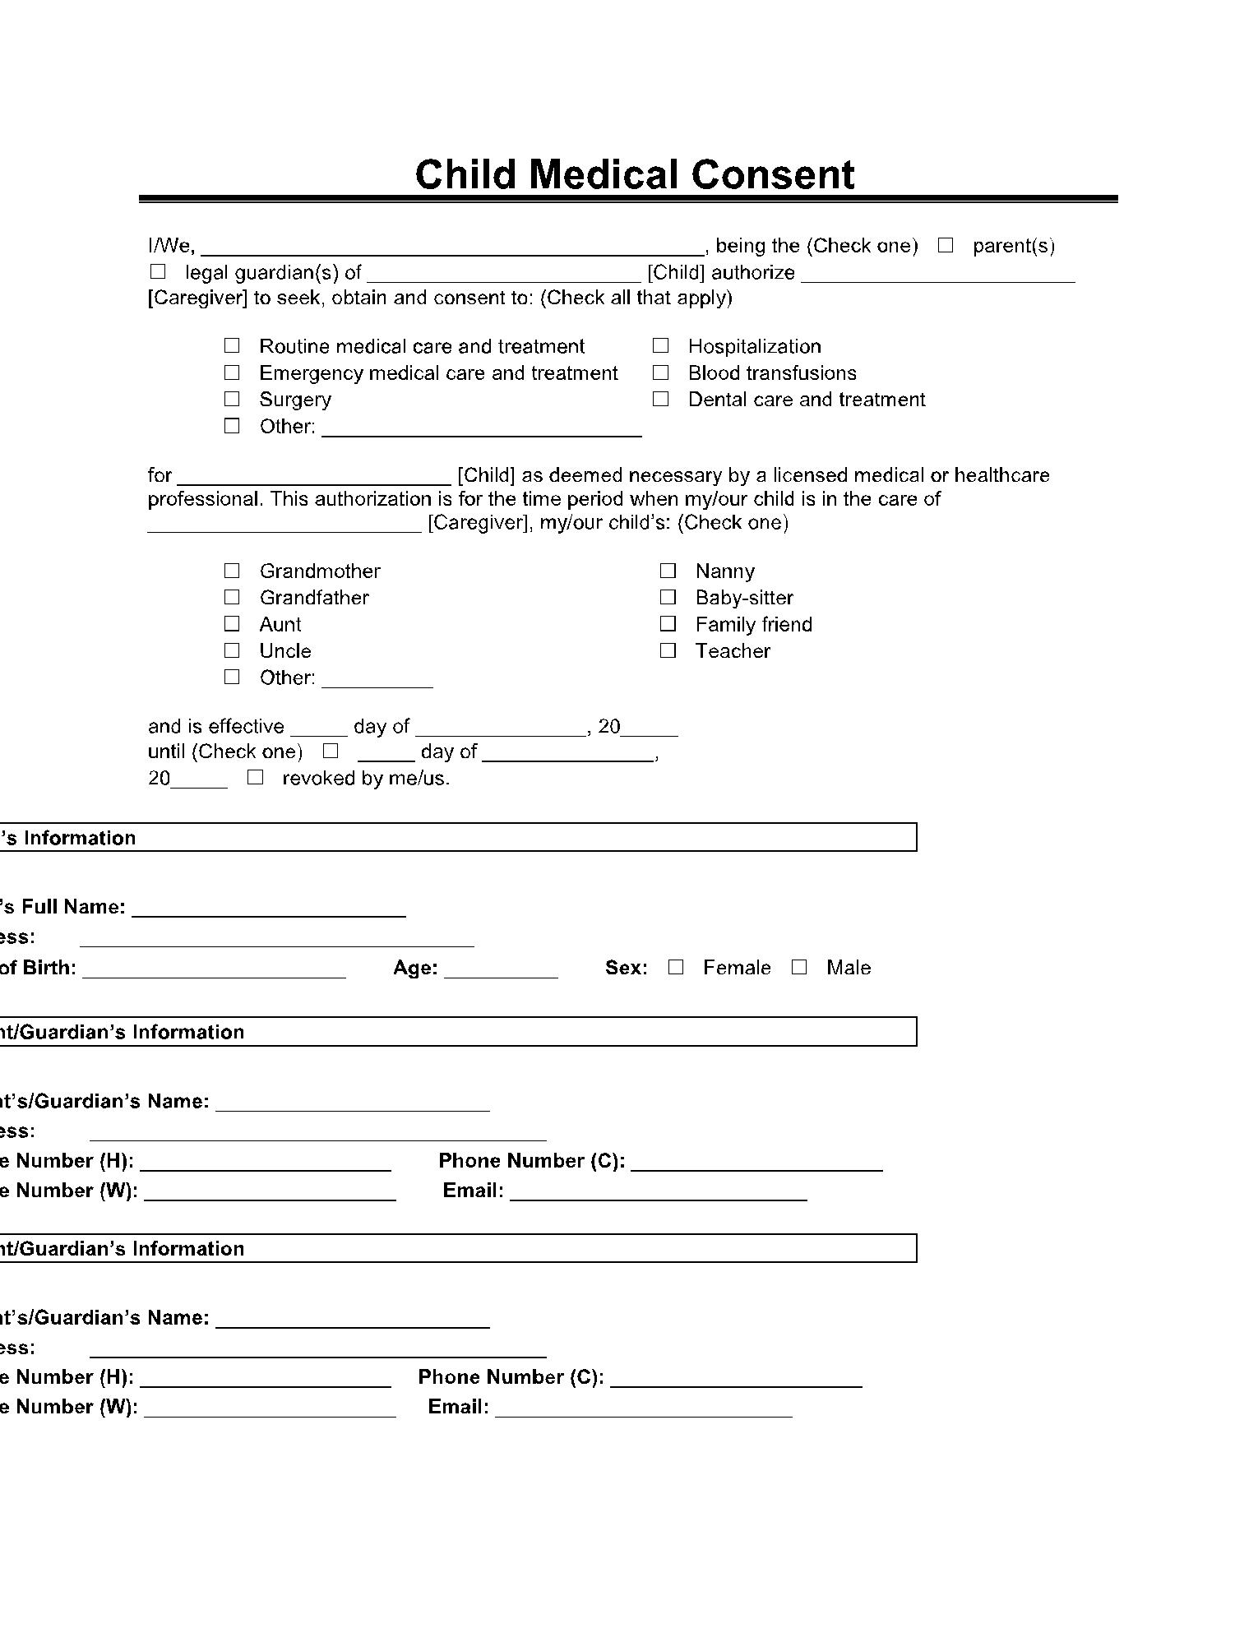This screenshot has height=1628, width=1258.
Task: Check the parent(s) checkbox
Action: [946, 245]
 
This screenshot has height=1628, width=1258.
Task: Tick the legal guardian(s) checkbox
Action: [158, 271]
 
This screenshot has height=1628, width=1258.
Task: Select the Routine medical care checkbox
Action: [232, 346]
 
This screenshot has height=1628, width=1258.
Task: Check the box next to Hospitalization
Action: [661, 346]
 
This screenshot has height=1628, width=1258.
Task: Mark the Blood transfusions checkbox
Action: [661, 372]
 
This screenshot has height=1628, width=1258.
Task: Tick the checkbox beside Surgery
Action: [232, 399]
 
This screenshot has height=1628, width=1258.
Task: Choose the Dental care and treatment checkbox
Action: [661, 399]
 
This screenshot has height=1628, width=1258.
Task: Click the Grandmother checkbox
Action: [232, 571]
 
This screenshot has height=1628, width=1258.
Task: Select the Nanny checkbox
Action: [668, 571]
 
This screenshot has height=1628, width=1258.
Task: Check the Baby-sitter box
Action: [668, 597]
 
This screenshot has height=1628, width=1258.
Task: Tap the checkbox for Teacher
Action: [668, 650]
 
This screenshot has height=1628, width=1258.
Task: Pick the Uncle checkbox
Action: [232, 650]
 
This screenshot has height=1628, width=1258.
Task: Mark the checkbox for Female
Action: [676, 967]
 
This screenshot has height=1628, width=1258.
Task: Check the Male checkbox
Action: [799, 967]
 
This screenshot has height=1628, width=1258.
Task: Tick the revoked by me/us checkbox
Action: [255, 777]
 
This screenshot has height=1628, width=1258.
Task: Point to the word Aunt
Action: [280, 624]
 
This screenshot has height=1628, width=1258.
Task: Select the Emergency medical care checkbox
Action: [232, 372]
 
